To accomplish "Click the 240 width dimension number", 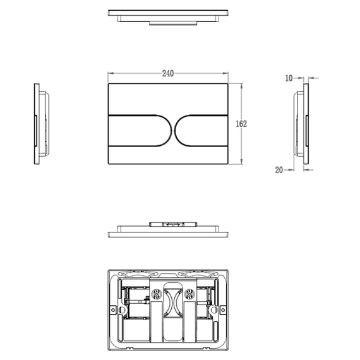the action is (168, 73).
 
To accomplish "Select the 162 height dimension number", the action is (241, 124).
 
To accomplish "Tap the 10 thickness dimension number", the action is (289, 78).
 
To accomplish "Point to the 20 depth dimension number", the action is (279, 170).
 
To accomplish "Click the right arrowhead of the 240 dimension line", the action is (225, 73).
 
